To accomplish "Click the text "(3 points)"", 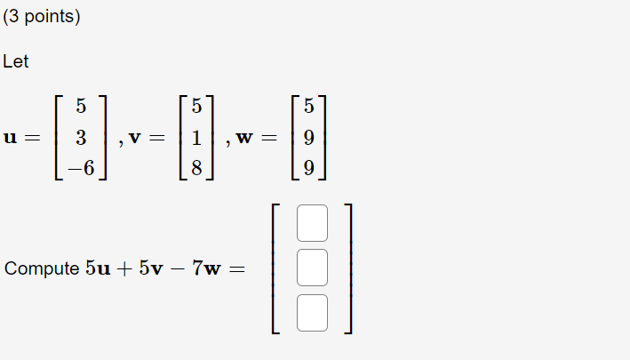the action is (x=41, y=17).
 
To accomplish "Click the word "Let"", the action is (x=16, y=62).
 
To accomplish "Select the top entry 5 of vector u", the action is (x=81, y=107).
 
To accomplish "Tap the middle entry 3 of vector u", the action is (x=81, y=138).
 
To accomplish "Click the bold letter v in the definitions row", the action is (x=135, y=138).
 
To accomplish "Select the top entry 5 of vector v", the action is (x=196, y=107).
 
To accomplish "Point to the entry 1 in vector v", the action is (x=196, y=138).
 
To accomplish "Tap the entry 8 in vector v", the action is (x=196, y=169).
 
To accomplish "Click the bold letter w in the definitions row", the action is (x=245, y=138).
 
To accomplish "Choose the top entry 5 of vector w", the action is (x=308, y=107).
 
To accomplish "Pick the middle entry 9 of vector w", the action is (x=308, y=138).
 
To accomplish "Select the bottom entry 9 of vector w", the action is (x=308, y=169).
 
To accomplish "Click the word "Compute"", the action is (x=42, y=268).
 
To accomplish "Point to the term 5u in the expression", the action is (x=98, y=268).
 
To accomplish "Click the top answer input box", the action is (x=312, y=223).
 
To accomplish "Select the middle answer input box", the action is (x=312, y=268).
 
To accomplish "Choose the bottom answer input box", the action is (x=312, y=312).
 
